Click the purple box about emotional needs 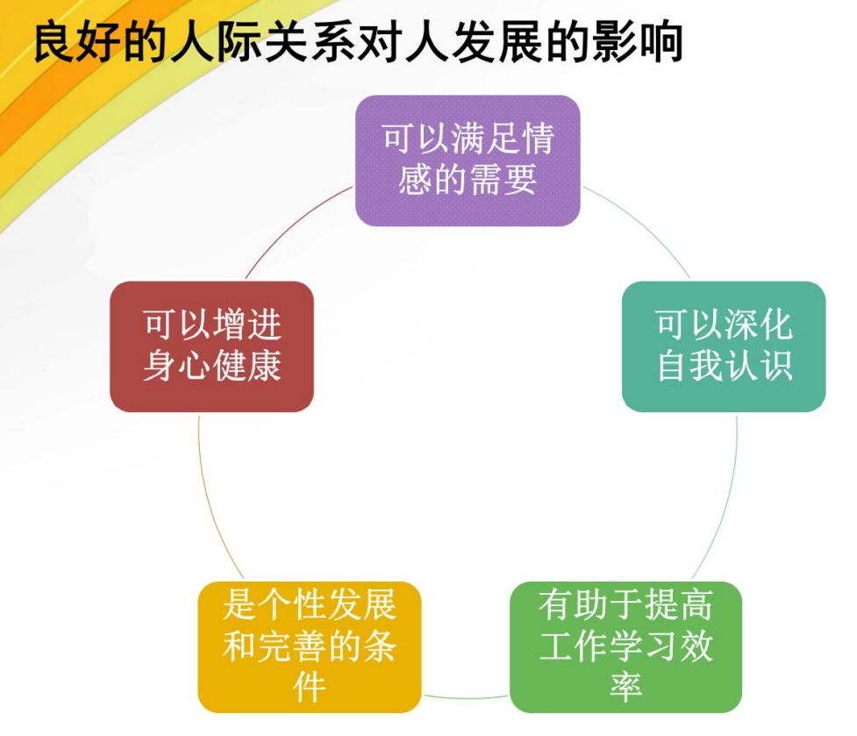click(x=468, y=161)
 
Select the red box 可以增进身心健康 click(x=212, y=347)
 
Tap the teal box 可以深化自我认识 click(x=724, y=347)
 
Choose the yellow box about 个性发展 click(x=310, y=647)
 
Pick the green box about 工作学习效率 click(x=625, y=647)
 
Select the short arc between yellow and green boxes click(x=466, y=697)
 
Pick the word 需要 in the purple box click(x=503, y=180)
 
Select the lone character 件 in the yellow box click(x=310, y=686)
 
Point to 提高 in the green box click(x=679, y=605)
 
